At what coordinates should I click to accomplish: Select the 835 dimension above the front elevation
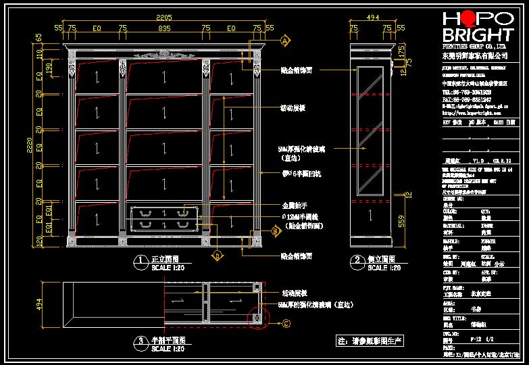[164, 28]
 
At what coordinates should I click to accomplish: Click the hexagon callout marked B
[276, 231]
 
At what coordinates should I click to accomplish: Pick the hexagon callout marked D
[218, 255]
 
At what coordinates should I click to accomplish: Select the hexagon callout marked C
[286, 324]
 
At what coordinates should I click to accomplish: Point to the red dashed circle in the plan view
[257, 318]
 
